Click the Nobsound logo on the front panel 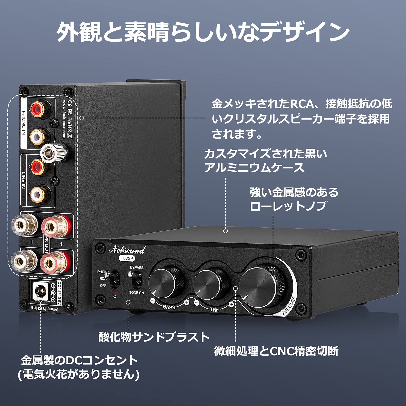coord(127,250)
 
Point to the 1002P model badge coord(127,258)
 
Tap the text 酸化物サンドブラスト coord(154,337)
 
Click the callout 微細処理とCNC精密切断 coord(276,351)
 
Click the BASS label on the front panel coord(169,307)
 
